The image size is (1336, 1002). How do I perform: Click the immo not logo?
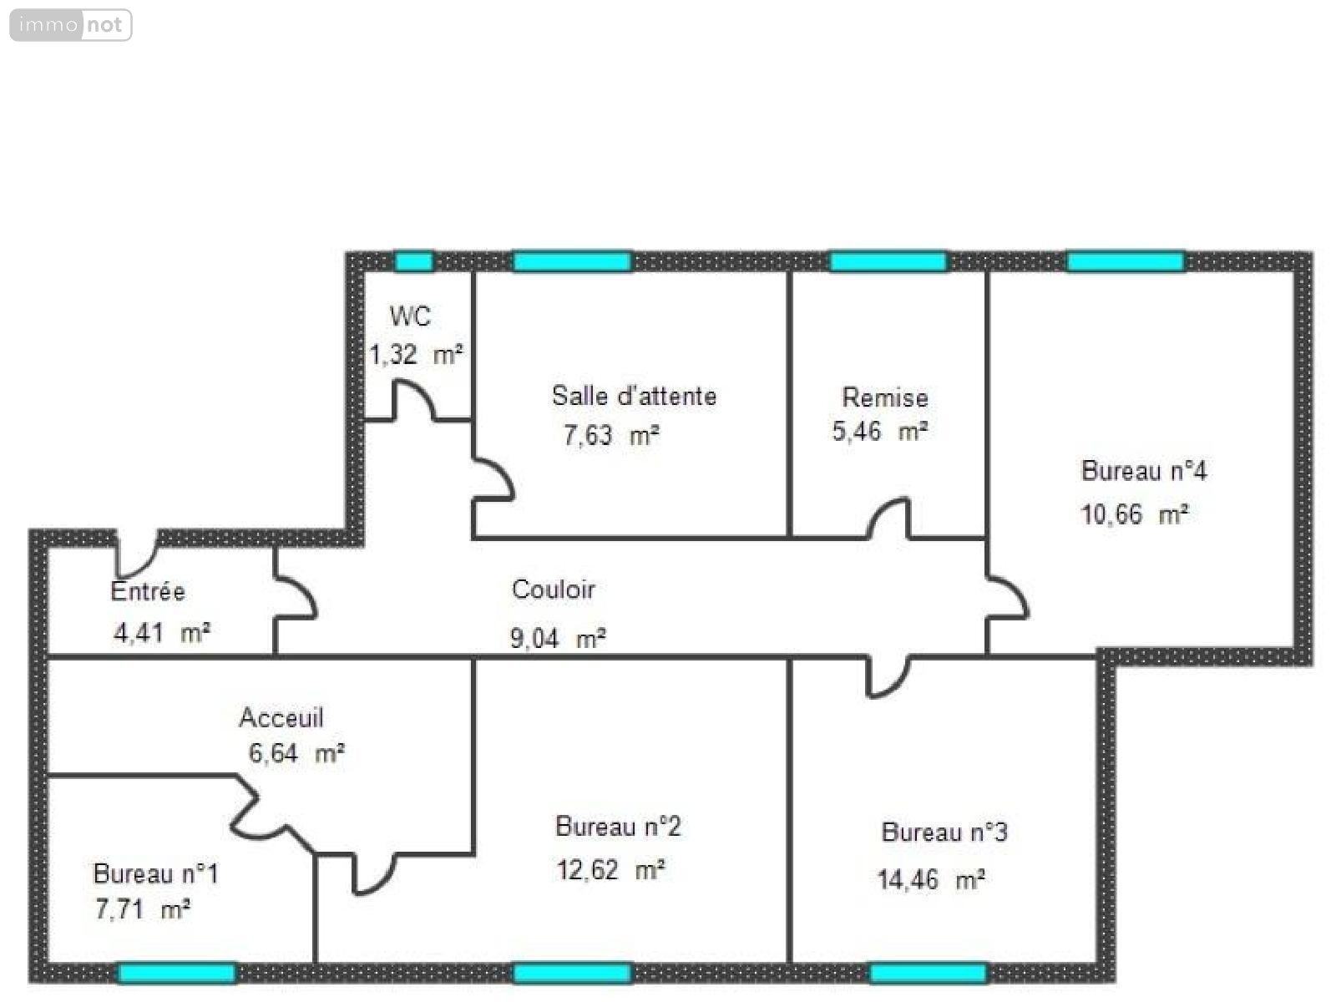71,25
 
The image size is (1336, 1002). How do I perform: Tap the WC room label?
410,316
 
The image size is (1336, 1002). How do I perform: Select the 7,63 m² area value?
611,436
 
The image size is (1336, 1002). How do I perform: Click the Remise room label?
884,397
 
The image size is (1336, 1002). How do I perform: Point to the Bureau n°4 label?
1143,471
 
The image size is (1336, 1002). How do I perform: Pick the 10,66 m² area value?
1134,514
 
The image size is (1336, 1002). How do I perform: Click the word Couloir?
553,590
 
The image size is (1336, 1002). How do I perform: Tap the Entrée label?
148,591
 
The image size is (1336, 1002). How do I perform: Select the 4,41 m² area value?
161,633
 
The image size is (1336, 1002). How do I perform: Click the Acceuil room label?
281,717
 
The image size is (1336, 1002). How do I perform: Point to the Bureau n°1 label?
155,874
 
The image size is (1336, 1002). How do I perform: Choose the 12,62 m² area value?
610,870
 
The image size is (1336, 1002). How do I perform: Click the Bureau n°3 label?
944,832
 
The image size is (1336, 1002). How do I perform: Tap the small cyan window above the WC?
413,261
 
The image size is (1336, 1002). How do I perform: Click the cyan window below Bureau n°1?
176,973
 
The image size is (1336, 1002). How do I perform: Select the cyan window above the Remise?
888,261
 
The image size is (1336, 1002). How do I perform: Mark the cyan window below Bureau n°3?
928,973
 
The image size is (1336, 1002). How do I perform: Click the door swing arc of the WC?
413,399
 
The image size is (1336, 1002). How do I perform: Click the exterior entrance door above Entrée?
137,552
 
